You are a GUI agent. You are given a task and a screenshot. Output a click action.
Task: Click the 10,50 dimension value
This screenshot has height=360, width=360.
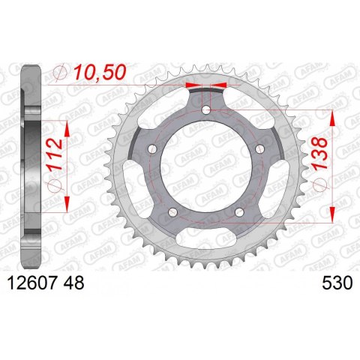(x=100, y=72)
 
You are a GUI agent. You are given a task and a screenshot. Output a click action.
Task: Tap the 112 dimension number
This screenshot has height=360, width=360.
(x=55, y=154)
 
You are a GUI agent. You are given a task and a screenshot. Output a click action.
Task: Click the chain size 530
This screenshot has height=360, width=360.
(x=337, y=283)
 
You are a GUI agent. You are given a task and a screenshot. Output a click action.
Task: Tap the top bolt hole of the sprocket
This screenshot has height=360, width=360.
(x=206, y=109)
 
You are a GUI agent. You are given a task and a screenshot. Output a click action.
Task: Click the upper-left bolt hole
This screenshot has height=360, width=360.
(x=152, y=149)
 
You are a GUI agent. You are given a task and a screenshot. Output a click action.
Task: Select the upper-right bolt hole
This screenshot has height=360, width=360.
(x=259, y=149)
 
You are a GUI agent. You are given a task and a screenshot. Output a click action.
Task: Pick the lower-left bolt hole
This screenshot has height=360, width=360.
(x=172, y=212)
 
